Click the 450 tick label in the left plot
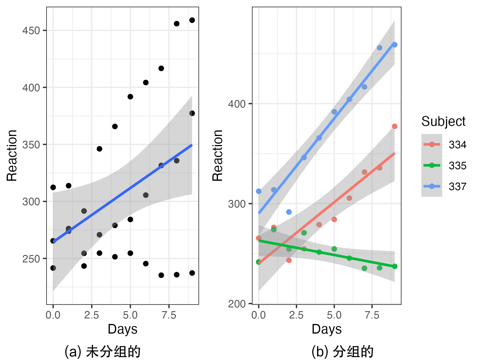point(31,31)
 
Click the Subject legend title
point(443,121)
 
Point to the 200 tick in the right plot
point(237,304)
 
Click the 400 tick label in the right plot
point(237,104)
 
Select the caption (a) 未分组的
point(102,352)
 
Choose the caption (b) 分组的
point(342,352)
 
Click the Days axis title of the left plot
point(122,329)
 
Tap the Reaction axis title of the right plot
point(217,155)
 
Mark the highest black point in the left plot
point(192,20)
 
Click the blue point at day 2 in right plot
point(289,212)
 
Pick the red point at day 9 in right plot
point(395,126)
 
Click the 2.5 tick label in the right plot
point(296,315)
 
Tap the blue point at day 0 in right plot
point(259,191)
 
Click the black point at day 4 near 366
point(115,126)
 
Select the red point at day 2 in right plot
point(289,260)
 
